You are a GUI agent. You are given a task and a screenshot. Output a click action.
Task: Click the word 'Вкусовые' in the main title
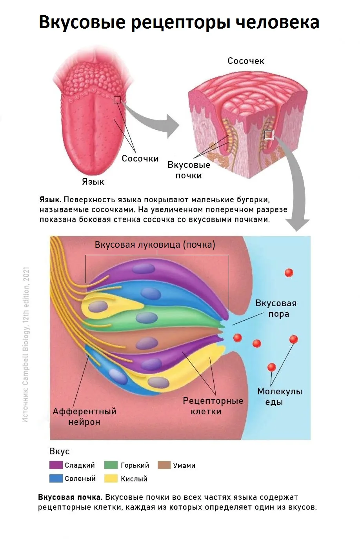tap(82, 23)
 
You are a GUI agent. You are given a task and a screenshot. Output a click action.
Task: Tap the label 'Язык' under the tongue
tap(93, 181)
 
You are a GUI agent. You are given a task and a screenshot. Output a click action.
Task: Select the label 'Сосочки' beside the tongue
tap(140, 158)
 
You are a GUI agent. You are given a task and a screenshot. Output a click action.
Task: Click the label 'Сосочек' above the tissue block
tap(246, 61)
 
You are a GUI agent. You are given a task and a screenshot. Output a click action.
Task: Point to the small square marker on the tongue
tap(117, 100)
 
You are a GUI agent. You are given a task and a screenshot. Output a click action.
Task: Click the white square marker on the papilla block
tap(269, 135)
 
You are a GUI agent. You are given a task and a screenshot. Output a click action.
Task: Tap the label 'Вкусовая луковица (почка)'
tap(155, 245)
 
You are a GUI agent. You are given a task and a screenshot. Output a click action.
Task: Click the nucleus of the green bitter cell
tap(147, 318)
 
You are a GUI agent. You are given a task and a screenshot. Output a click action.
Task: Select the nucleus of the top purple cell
tap(144, 269)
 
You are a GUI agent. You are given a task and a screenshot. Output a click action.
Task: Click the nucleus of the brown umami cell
tap(147, 343)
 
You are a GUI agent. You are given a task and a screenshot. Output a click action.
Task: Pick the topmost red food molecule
tap(289, 273)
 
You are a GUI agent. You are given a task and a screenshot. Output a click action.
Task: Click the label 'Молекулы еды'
tap(280, 397)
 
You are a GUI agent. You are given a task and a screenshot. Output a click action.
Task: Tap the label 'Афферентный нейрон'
tap(84, 417)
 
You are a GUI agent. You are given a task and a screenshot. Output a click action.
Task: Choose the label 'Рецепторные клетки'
tap(213, 406)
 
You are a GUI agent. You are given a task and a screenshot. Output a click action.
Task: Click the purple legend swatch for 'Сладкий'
tap(56, 465)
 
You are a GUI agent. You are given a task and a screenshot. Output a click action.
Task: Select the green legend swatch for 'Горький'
tap(111, 465)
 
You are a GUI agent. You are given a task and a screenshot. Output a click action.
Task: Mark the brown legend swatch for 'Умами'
tap(164, 465)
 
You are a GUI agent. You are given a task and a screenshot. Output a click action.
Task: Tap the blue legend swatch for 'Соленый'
tap(56, 478)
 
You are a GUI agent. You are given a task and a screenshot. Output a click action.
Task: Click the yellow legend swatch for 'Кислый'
tap(111, 478)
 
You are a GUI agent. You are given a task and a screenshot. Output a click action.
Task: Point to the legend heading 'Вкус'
tap(60, 451)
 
